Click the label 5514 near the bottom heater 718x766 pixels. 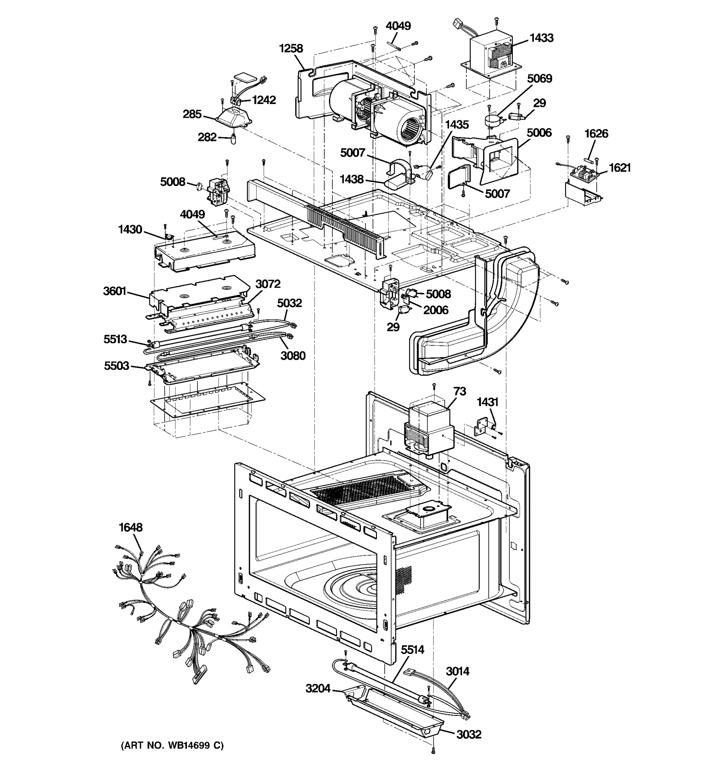pos(412,650)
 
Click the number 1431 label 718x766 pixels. pos(487,402)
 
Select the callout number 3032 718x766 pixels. pos(469,734)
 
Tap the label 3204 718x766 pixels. pos(318,688)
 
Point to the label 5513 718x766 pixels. pos(115,339)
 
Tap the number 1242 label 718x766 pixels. pos(264,100)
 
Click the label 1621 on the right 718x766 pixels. pos(619,168)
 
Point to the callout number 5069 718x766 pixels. pos(539,79)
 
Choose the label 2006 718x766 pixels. pos(436,310)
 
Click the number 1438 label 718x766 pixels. pos(351,179)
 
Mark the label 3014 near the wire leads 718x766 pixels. pos(457,671)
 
